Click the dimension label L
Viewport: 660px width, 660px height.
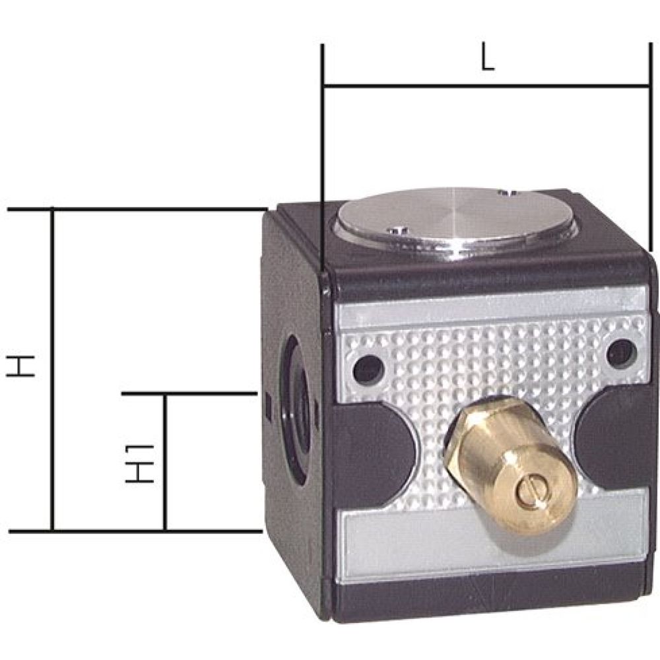pos(486,60)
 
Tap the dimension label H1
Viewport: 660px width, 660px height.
pos(139,463)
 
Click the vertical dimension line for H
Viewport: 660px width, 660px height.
pos(52,370)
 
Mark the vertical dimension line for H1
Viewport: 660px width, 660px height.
pos(165,462)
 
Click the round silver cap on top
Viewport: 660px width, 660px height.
pos(455,221)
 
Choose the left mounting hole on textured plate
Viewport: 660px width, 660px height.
pos(368,370)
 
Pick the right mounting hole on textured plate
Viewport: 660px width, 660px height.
pos(619,352)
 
